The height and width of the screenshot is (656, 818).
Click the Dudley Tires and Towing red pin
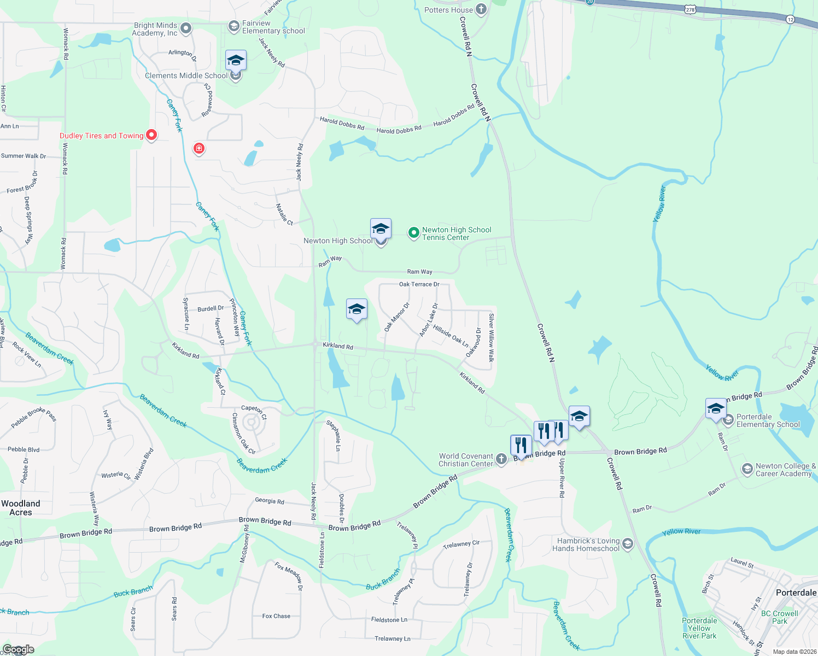(x=151, y=134)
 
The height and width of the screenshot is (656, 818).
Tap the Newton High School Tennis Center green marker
(x=414, y=233)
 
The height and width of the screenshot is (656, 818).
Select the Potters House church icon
(x=481, y=9)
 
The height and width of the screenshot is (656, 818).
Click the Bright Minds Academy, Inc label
(x=155, y=29)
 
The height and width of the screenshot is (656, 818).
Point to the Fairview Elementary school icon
(x=234, y=26)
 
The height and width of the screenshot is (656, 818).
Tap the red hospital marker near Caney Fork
(x=199, y=148)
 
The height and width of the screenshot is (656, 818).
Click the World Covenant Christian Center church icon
(x=501, y=459)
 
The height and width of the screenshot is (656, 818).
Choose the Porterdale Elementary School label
(x=768, y=420)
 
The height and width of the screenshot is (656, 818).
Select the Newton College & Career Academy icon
(x=747, y=469)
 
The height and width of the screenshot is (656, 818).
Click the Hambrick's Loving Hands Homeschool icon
(x=628, y=543)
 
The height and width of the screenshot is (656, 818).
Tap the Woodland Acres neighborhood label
(x=21, y=508)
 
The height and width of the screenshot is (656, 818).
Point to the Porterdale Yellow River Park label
(x=699, y=628)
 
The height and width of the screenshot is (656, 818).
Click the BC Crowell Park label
(x=779, y=617)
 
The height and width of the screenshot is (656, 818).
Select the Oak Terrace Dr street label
(x=419, y=284)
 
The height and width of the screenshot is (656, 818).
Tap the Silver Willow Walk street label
(x=491, y=337)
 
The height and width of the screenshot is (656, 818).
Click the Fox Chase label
(x=276, y=616)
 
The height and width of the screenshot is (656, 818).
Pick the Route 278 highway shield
(x=690, y=9)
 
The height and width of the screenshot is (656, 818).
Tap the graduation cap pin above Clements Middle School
(x=236, y=60)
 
